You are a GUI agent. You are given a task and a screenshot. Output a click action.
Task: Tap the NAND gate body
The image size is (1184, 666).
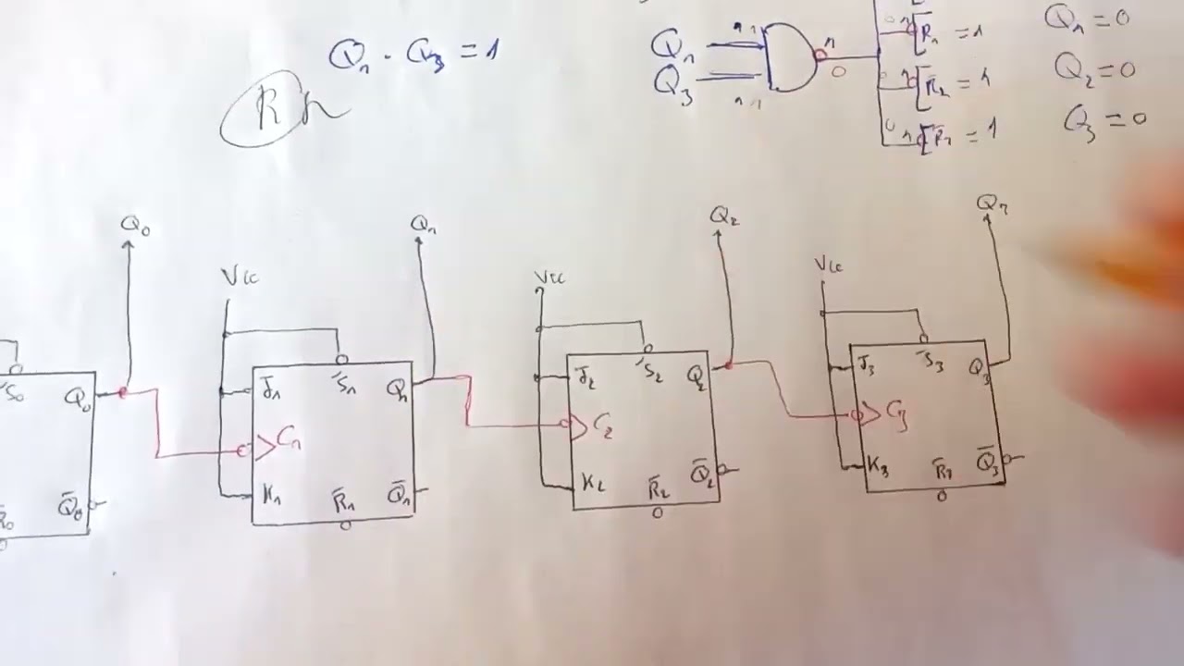tap(789, 57)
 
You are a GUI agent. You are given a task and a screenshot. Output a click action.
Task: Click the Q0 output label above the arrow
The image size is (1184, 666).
tap(134, 225)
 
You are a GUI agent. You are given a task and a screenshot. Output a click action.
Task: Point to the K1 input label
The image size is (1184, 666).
tap(271, 496)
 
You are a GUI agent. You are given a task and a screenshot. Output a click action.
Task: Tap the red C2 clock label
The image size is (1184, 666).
tap(602, 426)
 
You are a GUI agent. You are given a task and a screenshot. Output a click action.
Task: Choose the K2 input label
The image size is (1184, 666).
tap(593, 483)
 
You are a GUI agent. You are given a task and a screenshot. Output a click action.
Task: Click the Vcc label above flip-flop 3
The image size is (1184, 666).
tap(828, 265)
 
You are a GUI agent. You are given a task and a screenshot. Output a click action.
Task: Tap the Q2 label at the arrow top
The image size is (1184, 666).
tap(724, 216)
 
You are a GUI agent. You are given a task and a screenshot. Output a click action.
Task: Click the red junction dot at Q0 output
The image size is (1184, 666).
tap(123, 393)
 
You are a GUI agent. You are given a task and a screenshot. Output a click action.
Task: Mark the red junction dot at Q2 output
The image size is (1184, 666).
tap(730, 365)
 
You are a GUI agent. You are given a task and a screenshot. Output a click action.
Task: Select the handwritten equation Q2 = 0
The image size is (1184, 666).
tap(1094, 68)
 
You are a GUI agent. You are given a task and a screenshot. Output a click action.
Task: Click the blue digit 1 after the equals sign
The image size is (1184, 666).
tap(492, 50)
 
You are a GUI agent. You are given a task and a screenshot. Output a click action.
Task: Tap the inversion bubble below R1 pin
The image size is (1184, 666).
tap(345, 526)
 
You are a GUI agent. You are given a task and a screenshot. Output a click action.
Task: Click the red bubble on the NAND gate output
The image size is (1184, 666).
tap(819, 55)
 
